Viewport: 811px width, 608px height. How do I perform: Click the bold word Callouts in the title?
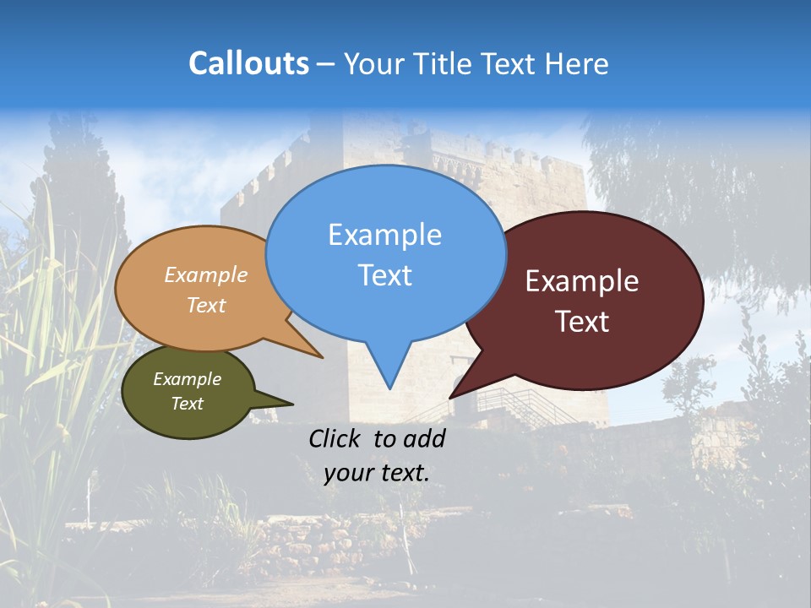(x=248, y=63)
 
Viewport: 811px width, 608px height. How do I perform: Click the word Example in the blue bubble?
(x=384, y=235)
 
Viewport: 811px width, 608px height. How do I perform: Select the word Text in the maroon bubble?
(x=582, y=322)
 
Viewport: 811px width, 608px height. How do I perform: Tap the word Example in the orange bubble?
(x=206, y=275)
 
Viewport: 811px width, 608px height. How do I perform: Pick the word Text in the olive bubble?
(x=188, y=404)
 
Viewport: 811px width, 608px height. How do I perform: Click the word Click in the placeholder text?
(x=335, y=438)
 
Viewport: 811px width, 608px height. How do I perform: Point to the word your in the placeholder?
(x=348, y=473)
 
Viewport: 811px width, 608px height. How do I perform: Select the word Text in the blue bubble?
(x=384, y=275)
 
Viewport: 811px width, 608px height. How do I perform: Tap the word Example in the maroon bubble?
(x=582, y=281)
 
